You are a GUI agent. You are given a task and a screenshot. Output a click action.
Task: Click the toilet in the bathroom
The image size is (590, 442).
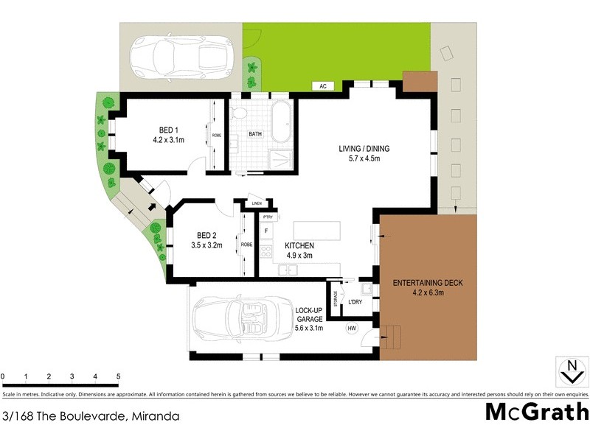tap(238, 116)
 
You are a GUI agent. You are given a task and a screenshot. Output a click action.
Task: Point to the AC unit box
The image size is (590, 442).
tap(322, 86)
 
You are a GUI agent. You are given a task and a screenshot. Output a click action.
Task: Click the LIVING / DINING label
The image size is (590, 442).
tap(364, 149)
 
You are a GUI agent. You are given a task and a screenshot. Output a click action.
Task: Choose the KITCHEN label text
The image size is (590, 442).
tap(300, 245)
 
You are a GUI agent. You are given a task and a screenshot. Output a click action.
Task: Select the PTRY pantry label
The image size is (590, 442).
tap(267, 217)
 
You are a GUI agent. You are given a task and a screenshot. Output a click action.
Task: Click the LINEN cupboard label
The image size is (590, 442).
tap(257, 203)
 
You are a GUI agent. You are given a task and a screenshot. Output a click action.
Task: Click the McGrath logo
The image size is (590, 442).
tap(536, 411)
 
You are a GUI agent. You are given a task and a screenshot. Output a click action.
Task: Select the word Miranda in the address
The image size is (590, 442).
tap(155, 416)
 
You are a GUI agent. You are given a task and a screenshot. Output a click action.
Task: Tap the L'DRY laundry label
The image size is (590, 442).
tap(355, 303)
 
